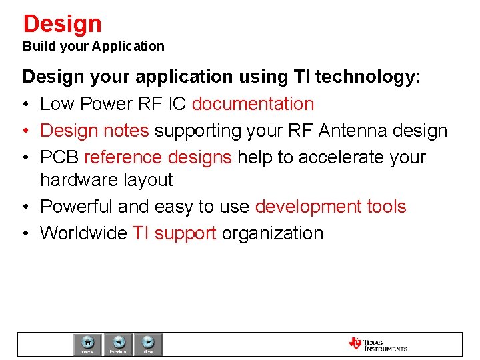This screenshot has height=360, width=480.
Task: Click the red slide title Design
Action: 62,24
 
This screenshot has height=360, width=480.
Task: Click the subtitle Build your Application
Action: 93,46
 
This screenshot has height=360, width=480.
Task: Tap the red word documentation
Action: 253,104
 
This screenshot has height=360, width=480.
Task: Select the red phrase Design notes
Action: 95,131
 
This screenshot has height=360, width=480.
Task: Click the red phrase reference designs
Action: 158,157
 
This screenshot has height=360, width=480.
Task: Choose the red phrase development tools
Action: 331,207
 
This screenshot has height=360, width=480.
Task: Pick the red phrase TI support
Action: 175,233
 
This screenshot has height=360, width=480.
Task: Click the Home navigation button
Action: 87,344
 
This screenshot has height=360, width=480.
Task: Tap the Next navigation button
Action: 149,344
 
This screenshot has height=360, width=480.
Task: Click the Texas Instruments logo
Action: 377,344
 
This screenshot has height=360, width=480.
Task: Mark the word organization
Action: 273,233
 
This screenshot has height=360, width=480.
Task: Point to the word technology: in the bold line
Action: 368,77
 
